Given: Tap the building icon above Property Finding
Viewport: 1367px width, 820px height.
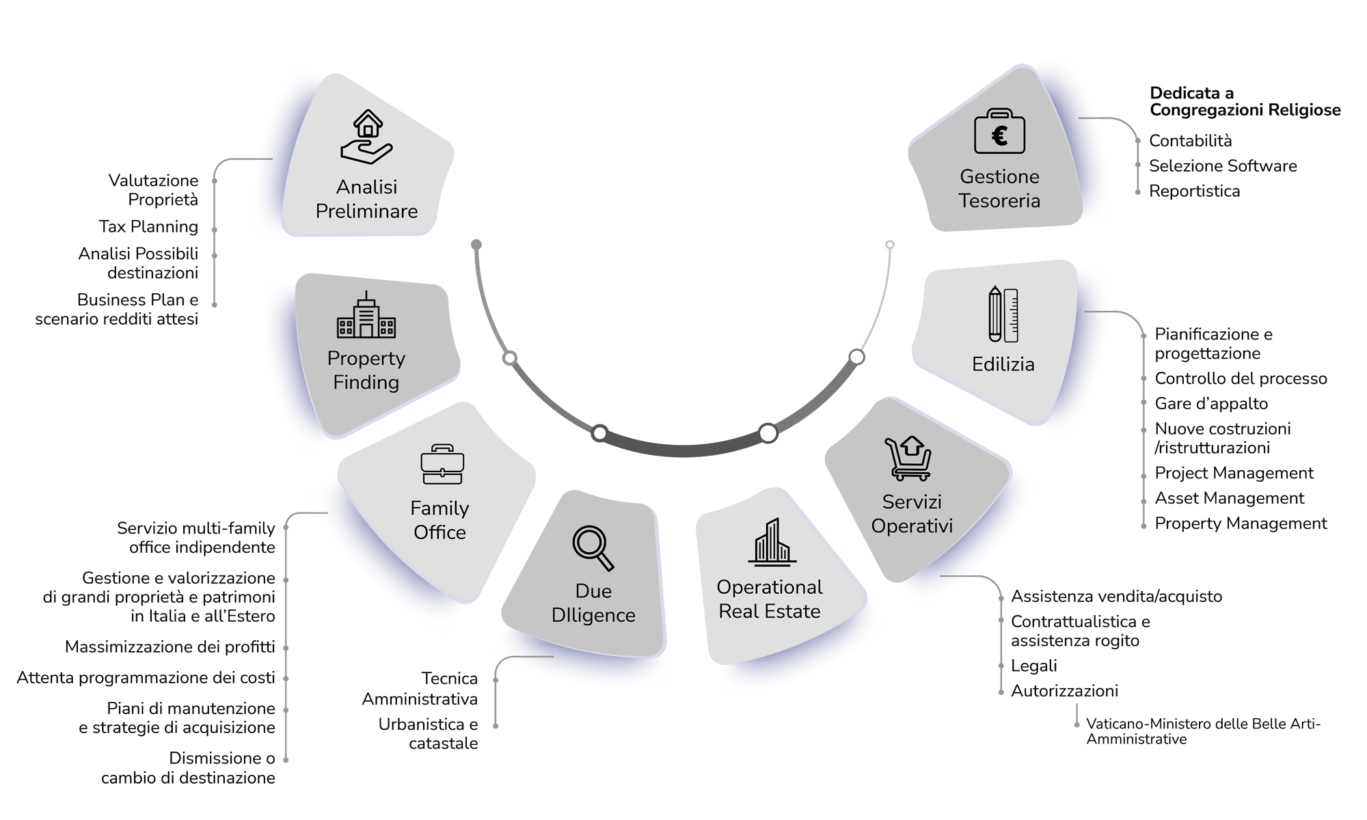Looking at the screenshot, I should click(x=366, y=316).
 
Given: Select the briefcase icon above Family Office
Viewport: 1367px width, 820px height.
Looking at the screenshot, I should click(x=442, y=465).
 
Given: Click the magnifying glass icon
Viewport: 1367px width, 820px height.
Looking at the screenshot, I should click(x=593, y=547).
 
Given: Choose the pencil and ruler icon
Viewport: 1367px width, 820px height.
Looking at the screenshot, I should click(x=1003, y=314).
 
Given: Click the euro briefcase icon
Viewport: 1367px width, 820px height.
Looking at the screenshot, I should click(x=999, y=131).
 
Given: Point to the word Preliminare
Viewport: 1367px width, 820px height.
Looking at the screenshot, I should click(x=366, y=211).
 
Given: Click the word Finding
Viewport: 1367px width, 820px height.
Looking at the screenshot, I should click(x=366, y=383).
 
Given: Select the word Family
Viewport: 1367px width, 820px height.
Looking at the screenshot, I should click(x=439, y=508).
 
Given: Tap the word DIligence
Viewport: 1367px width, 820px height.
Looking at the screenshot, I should click(x=593, y=616).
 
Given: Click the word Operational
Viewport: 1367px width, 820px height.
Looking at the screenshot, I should click(x=770, y=587).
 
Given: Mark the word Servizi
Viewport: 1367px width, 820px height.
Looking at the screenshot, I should click(x=912, y=502).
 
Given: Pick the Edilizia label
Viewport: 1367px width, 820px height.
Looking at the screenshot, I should click(x=1003, y=364).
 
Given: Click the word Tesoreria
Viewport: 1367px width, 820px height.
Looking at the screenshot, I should click(x=999, y=201).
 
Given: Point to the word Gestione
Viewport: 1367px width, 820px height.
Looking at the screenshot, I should click(x=999, y=176).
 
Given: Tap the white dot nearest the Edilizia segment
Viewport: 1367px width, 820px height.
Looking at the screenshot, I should click(x=856, y=357).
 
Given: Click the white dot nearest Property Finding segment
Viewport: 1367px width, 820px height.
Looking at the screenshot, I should click(x=509, y=358).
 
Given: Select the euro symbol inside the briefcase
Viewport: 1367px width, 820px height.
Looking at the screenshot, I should click(x=999, y=136).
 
